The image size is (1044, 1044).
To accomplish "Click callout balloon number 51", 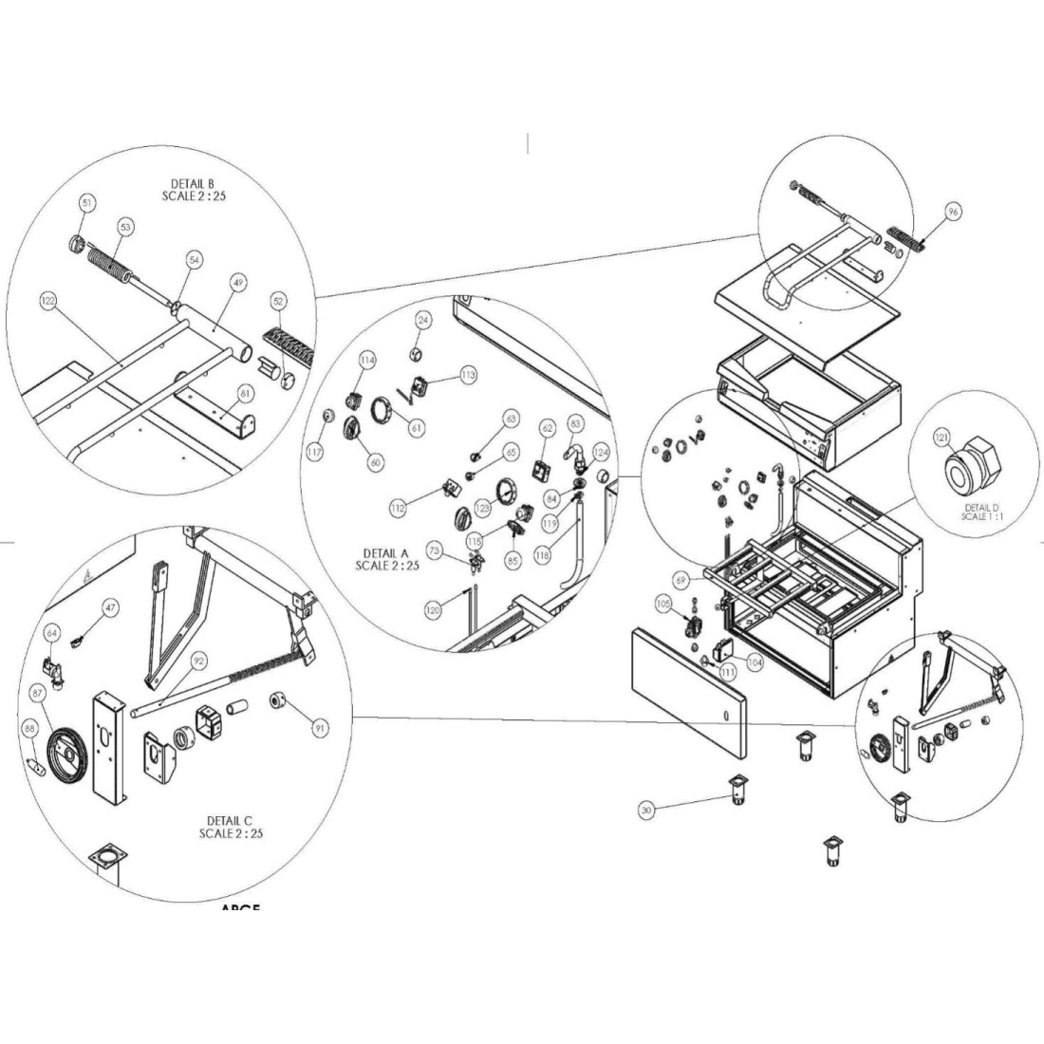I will point(86,203).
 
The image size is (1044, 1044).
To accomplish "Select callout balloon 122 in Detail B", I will point(48,300).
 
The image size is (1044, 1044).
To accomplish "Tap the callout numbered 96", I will point(954,213).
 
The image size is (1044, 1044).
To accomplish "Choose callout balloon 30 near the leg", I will point(646,810).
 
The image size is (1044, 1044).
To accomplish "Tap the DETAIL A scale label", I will point(387,559).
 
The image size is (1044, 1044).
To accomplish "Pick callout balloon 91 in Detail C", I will point(320,729).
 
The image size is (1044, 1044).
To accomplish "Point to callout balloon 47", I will point(111,607).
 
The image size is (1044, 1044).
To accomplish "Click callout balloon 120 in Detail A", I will point(433,611).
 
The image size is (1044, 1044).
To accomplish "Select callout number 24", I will point(424,321).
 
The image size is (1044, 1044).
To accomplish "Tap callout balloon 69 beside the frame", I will point(680,578).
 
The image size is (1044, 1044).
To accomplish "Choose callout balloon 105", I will point(663,604).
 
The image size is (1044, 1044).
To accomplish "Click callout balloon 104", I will point(755,662).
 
